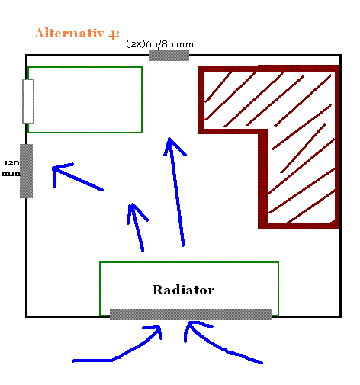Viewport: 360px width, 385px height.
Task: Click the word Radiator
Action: [x=184, y=290]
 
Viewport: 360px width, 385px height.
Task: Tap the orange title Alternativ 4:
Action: [x=77, y=34]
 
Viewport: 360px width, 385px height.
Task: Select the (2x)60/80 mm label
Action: [x=160, y=44]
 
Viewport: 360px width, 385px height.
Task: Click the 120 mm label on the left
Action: [x=11, y=168]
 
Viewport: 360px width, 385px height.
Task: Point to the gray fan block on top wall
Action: [x=169, y=56]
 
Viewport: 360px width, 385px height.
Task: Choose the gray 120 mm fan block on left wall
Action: [x=26, y=171]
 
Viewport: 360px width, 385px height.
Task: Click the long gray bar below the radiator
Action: [x=191, y=314]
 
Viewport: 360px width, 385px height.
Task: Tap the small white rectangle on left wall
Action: [x=28, y=101]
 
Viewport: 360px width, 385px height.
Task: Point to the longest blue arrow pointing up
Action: [x=176, y=192]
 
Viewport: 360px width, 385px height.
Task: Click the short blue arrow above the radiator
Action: [x=137, y=227]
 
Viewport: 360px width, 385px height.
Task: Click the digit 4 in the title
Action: [x=111, y=34]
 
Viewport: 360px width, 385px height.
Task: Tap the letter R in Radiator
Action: [x=159, y=290]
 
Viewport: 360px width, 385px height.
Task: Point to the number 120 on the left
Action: [x=11, y=163]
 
